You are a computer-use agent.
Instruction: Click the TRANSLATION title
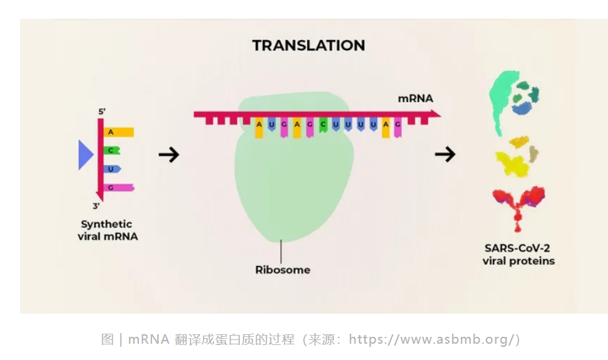tap(309, 45)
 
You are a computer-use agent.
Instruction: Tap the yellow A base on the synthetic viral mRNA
tap(118, 132)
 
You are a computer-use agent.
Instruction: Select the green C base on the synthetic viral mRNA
tap(111, 150)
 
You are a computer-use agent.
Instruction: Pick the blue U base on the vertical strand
tap(112, 169)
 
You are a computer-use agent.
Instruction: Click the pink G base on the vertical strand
tap(118, 188)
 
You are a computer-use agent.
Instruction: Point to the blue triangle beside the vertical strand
tap(85, 155)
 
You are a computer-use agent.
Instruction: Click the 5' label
tap(102, 111)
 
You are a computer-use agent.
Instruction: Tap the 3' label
tap(96, 206)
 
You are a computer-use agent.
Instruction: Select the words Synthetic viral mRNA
tap(108, 230)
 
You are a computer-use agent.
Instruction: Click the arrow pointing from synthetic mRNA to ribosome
tap(169, 155)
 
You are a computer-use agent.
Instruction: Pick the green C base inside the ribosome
tap(323, 125)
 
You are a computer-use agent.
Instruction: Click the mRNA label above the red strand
tap(415, 98)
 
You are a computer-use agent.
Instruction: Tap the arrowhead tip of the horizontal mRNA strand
tap(441, 114)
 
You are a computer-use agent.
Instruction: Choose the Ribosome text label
tap(282, 270)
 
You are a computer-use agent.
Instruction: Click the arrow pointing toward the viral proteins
tap(445, 154)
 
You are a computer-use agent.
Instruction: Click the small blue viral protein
tap(522, 108)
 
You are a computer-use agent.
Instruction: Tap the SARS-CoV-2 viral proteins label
tap(518, 254)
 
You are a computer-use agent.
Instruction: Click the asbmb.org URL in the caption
tap(432, 339)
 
